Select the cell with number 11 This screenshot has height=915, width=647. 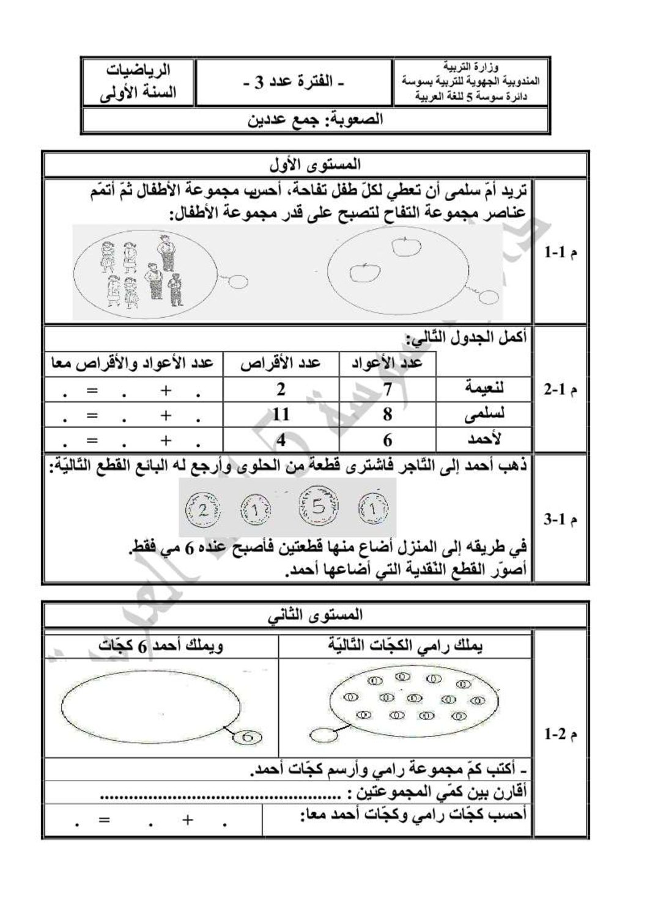pyautogui.click(x=281, y=414)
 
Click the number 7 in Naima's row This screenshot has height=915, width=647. pyautogui.click(x=388, y=389)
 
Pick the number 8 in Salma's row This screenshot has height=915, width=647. pyautogui.click(x=388, y=414)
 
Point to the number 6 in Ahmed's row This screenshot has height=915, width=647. pyautogui.click(x=388, y=440)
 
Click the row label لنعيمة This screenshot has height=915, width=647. pyautogui.click(x=485, y=388)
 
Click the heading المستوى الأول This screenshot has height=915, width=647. pyautogui.click(x=315, y=164)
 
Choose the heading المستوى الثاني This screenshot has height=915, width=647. pyautogui.click(x=315, y=614)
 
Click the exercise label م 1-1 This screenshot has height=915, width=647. pyautogui.click(x=561, y=252)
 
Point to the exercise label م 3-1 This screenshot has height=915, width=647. pyautogui.click(x=561, y=520)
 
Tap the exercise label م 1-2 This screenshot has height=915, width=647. pyautogui.click(x=561, y=734)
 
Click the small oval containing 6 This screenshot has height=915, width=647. pyautogui.click(x=247, y=737)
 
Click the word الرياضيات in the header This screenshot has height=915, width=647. pyautogui.click(x=140, y=72)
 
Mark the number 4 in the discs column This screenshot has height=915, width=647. pyautogui.click(x=281, y=440)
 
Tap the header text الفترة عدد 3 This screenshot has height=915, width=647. pyautogui.click(x=294, y=83)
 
